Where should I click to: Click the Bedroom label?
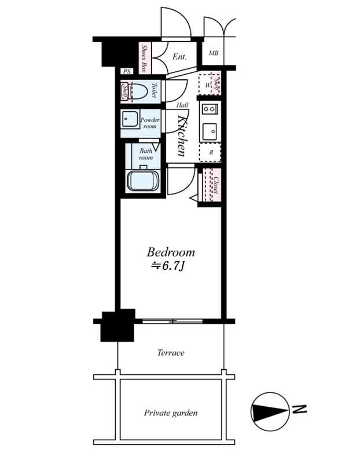170,252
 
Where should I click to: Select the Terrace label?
170,352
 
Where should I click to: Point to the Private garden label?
170,413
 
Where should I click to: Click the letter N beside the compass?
299,410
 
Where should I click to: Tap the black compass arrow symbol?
269,412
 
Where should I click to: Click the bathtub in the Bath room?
143,181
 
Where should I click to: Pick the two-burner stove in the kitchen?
208,108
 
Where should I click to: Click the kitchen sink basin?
209,130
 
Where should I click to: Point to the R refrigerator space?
211,152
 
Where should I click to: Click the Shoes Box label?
145,58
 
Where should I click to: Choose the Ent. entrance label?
179,57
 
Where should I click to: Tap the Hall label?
182,105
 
